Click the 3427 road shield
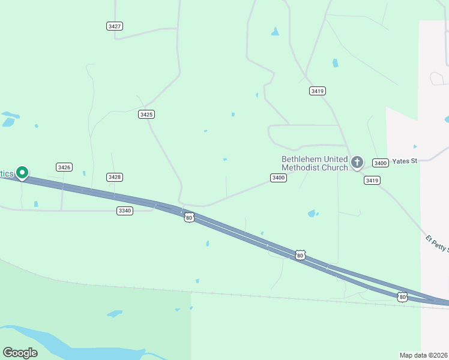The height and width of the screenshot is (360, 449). tap(115, 26)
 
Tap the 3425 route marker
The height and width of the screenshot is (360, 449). tap(146, 114)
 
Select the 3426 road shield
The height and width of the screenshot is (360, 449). tap(64, 167)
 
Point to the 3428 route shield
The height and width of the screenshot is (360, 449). tap(115, 176)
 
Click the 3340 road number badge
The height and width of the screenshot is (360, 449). tap(125, 211)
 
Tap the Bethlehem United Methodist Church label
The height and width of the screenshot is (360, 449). tap(315, 163)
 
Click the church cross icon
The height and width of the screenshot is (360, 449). tap(357, 161)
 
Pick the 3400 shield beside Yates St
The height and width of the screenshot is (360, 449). tap(380, 163)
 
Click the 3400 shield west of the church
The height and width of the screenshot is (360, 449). tap(278, 178)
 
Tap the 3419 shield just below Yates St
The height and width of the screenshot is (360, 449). tap(372, 180)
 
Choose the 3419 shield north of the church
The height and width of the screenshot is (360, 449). tap(318, 91)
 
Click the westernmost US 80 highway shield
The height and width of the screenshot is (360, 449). tap(189, 217)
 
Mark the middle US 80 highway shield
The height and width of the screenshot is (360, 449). tap(300, 255)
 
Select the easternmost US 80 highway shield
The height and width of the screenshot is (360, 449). tap(402, 296)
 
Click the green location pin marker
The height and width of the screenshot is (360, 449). tap(22, 173)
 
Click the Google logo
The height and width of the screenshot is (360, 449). tap(20, 353)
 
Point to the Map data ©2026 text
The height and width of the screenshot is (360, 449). tap(423, 355)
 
